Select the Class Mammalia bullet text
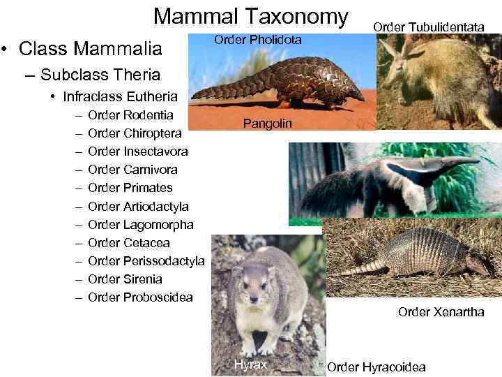[x=91, y=49]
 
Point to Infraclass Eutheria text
[x=120, y=96]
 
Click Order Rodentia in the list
[x=131, y=114]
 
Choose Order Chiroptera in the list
[x=135, y=133]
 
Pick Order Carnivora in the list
[x=133, y=170]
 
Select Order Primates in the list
[x=130, y=188]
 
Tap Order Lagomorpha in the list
[x=141, y=225]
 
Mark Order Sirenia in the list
[x=125, y=279]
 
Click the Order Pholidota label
[x=257, y=40]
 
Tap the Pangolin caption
[x=268, y=124]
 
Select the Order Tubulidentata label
[x=428, y=27]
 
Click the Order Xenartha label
[x=441, y=312]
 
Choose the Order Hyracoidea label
[x=376, y=367]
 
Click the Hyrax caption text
[x=250, y=364]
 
